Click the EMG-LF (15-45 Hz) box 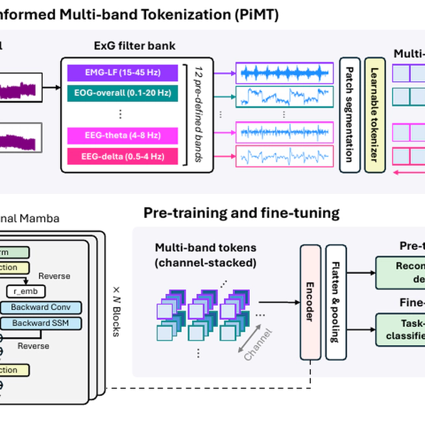coord(123,73)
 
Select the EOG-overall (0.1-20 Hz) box coord(123,93)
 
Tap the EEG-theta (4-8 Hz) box coord(123,136)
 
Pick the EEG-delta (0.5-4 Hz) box coord(123,156)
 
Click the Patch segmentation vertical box coord(350,115)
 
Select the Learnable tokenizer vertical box coord(374,115)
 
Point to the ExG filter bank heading coord(134,46)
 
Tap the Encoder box coord(310,302)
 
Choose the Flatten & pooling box coord(335,302)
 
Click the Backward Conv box coord(41,308)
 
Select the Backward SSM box coord(41,323)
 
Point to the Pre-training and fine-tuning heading coord(241,213)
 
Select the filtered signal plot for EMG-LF coord(284,73)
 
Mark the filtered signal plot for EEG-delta coord(284,156)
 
